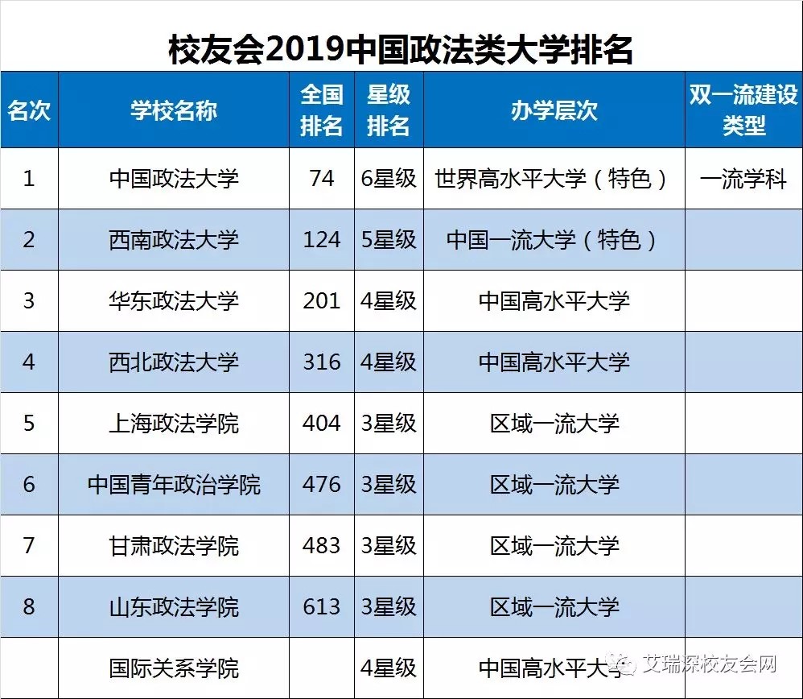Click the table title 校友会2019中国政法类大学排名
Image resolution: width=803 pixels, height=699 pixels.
pyautogui.click(x=401, y=50)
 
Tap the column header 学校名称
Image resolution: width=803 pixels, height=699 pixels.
pyautogui.click(x=174, y=110)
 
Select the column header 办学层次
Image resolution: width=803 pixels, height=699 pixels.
pyautogui.click(x=554, y=110)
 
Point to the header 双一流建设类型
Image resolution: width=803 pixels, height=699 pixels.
pyautogui.click(x=743, y=110)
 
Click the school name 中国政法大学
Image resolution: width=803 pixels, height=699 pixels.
pyautogui.click(x=174, y=178)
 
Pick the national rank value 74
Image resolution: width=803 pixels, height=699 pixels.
pyautogui.click(x=321, y=178)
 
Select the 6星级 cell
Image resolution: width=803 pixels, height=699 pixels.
pyautogui.click(x=389, y=178)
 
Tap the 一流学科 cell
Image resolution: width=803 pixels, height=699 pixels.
pyautogui.click(x=743, y=178)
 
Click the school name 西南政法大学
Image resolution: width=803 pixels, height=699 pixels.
pyautogui.click(x=174, y=239)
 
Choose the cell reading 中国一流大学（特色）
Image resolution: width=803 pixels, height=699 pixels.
pyautogui.click(x=554, y=239)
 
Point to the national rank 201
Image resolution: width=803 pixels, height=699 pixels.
pyautogui.click(x=321, y=300)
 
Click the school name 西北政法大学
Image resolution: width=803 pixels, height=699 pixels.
pyautogui.click(x=174, y=362)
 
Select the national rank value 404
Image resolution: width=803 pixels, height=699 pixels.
pyautogui.click(x=321, y=423)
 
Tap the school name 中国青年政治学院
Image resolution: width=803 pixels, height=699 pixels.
pyautogui.click(x=174, y=484)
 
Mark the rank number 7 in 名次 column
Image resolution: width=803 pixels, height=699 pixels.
pyautogui.click(x=29, y=545)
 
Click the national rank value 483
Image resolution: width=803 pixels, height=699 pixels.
pyautogui.click(x=321, y=545)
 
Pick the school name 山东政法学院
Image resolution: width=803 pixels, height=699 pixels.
pyautogui.click(x=174, y=606)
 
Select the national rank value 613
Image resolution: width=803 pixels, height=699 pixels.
pyautogui.click(x=321, y=606)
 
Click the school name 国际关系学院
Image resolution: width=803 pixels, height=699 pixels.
pyautogui.click(x=174, y=668)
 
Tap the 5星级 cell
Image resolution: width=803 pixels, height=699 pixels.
pyautogui.click(x=389, y=239)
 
